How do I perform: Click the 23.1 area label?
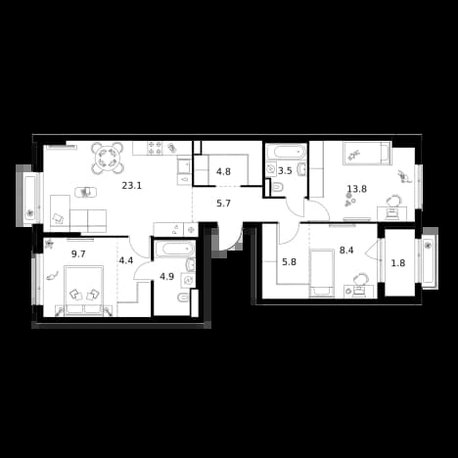[132, 186]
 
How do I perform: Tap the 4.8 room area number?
[224, 171]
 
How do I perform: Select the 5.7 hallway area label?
[224, 204]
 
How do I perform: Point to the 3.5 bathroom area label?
[285, 171]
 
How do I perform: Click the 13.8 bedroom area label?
[357, 189]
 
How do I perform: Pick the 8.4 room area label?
[346, 251]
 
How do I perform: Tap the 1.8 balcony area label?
[398, 263]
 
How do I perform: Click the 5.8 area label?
[289, 261]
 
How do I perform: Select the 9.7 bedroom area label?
[78, 253]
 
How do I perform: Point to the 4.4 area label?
[126, 260]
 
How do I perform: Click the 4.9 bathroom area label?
[166, 277]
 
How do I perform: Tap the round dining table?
[108, 158]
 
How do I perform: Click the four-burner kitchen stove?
[155, 148]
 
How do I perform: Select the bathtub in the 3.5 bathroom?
[287, 152]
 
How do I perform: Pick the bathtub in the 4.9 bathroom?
[174, 250]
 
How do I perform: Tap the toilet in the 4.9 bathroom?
[183, 298]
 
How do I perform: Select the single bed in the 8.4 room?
[322, 273]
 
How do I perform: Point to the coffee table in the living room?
[86, 192]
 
